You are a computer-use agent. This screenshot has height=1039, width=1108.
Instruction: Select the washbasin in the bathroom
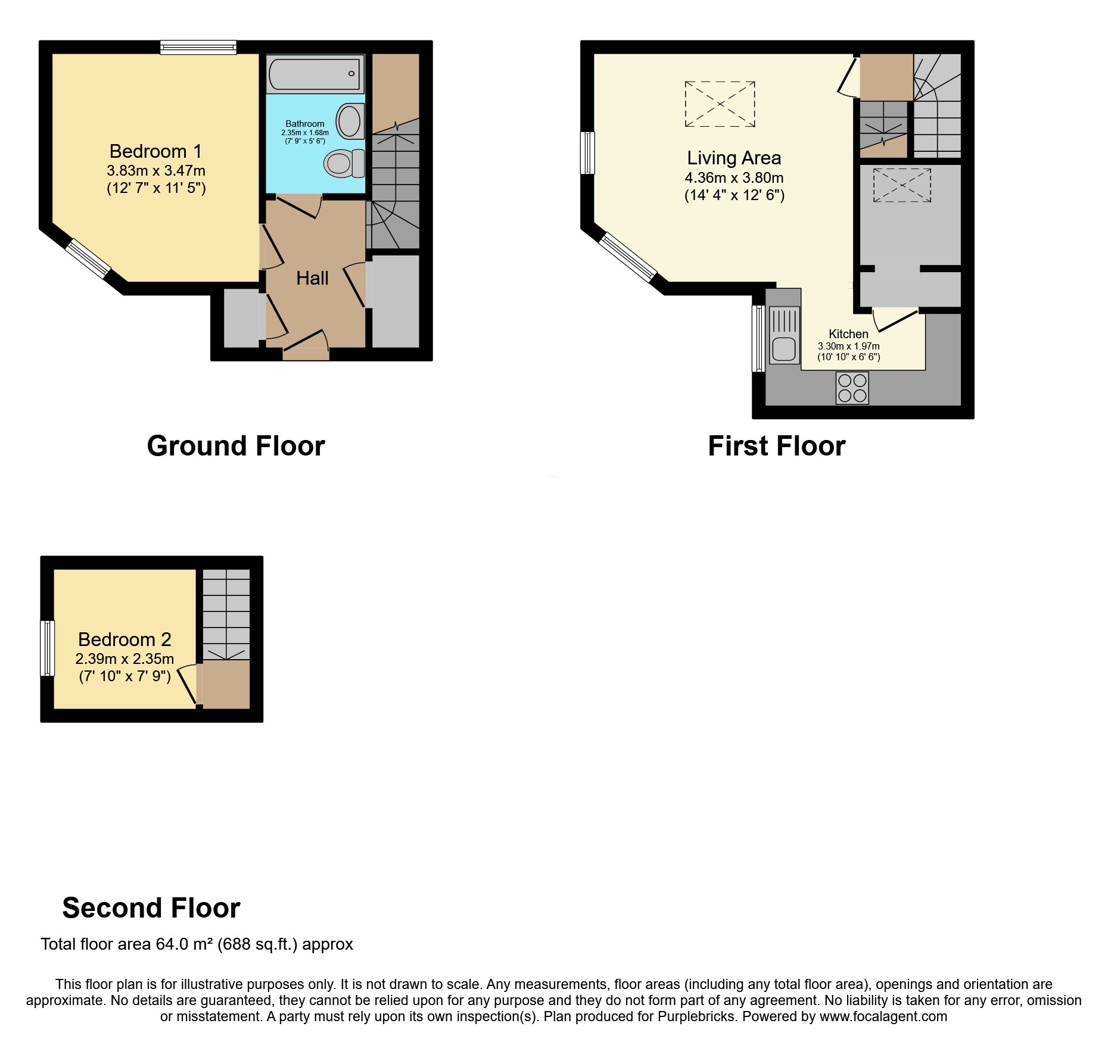pyautogui.click(x=350, y=121)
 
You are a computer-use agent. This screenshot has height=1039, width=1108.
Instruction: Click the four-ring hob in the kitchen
pyautogui.click(x=852, y=388)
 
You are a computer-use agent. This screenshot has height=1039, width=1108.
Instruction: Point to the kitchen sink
pyautogui.click(x=783, y=349)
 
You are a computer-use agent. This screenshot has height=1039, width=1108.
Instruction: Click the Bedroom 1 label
pyautogui.click(x=155, y=151)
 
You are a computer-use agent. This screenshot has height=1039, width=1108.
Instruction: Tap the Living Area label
pyautogui.click(x=734, y=158)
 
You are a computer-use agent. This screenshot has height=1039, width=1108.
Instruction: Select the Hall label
pyautogui.click(x=312, y=278)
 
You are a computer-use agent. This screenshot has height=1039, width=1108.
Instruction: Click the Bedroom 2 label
pyautogui.click(x=125, y=639)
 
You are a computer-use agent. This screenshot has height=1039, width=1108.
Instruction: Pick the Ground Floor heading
pyautogui.click(x=235, y=446)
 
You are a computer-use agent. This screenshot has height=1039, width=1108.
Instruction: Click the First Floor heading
pyautogui.click(x=776, y=446)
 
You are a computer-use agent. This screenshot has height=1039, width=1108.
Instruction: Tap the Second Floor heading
pyautogui.click(x=151, y=908)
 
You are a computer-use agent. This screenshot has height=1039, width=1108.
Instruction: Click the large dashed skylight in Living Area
pyautogui.click(x=720, y=104)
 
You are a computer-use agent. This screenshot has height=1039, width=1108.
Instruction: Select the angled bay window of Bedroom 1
pyautogui.click(x=88, y=258)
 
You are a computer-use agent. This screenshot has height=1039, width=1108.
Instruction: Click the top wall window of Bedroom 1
pyautogui.click(x=198, y=47)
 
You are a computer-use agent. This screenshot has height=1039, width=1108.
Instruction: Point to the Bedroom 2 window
pyautogui.click(x=47, y=648)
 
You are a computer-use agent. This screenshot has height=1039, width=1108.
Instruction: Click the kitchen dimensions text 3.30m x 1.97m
pyautogui.click(x=848, y=346)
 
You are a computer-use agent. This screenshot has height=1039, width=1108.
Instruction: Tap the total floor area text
pyautogui.click(x=197, y=944)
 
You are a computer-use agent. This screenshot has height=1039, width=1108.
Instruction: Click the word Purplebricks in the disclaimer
pyautogui.click(x=696, y=1016)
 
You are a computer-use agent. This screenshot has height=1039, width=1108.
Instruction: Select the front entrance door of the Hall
pyautogui.click(x=306, y=354)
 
